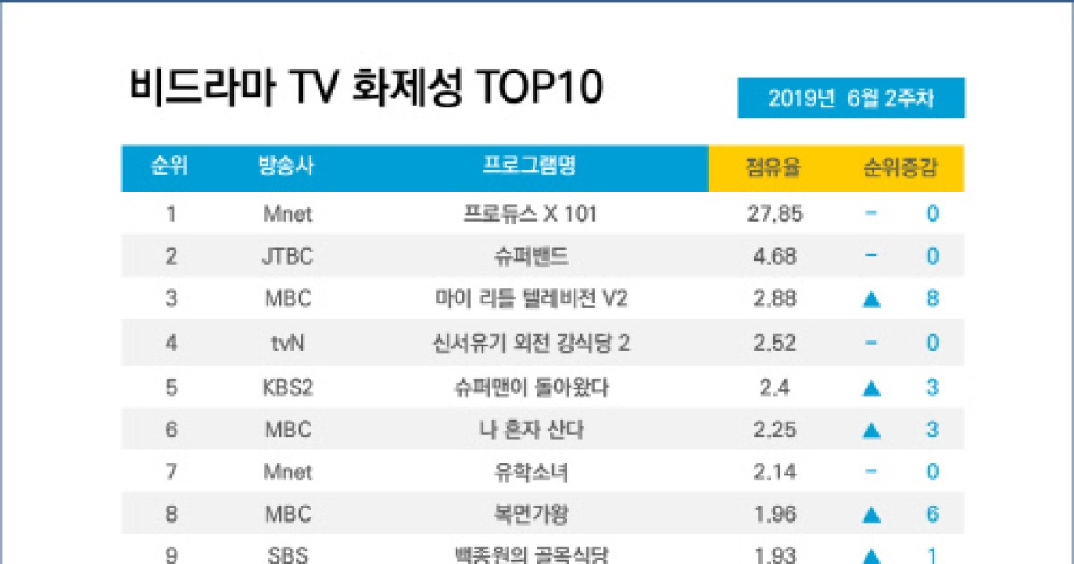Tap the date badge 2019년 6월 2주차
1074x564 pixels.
pos(850,98)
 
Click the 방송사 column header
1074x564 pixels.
pos(286,166)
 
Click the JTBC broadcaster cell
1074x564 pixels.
pos(287,258)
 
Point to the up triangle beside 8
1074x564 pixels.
pos(871,300)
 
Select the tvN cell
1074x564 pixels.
pos(287,343)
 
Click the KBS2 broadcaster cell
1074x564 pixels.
pos(287,388)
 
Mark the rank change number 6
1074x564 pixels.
pos(933,515)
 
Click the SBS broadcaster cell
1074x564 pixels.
pos(287,555)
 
